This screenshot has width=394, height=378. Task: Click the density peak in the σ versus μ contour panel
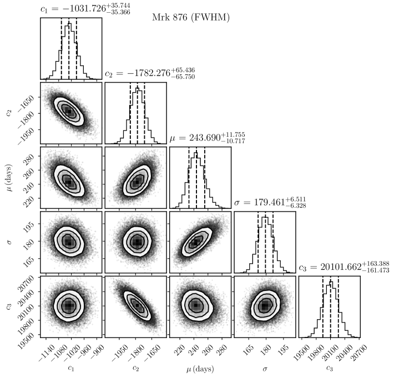click(196, 242)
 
